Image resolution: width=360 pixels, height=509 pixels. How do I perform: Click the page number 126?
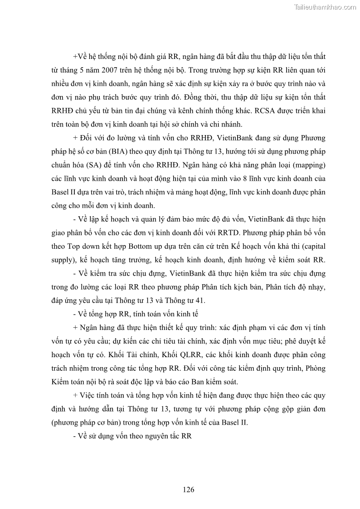click(189, 490)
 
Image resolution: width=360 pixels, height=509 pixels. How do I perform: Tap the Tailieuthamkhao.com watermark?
click(325, 7)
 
